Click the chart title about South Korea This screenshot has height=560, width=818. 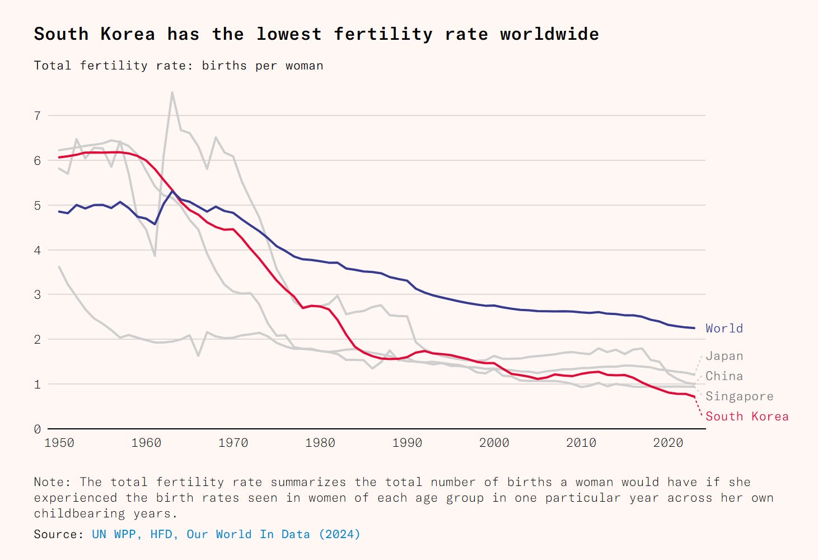click(x=316, y=34)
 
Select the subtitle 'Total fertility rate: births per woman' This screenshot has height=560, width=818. click(x=179, y=66)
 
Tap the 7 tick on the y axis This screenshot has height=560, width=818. click(x=38, y=116)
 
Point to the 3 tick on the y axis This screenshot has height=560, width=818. click(x=38, y=295)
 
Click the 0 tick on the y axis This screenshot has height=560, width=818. click(x=38, y=429)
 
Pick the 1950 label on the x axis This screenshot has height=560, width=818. click(x=59, y=443)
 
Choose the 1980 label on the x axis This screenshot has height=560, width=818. click(x=320, y=443)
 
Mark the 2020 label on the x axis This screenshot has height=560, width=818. click(x=668, y=443)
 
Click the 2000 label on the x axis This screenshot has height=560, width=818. click(x=494, y=443)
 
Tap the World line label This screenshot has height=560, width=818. click(x=724, y=328)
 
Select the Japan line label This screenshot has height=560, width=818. click(x=724, y=356)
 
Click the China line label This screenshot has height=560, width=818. click(x=724, y=376)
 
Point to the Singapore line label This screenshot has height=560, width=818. click(x=739, y=396)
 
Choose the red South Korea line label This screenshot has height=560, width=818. click(x=747, y=416)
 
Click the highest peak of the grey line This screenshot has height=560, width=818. click(x=172, y=92)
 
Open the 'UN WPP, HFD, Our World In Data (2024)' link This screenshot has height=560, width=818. click(x=226, y=534)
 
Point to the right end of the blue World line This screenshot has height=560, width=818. click(x=694, y=328)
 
